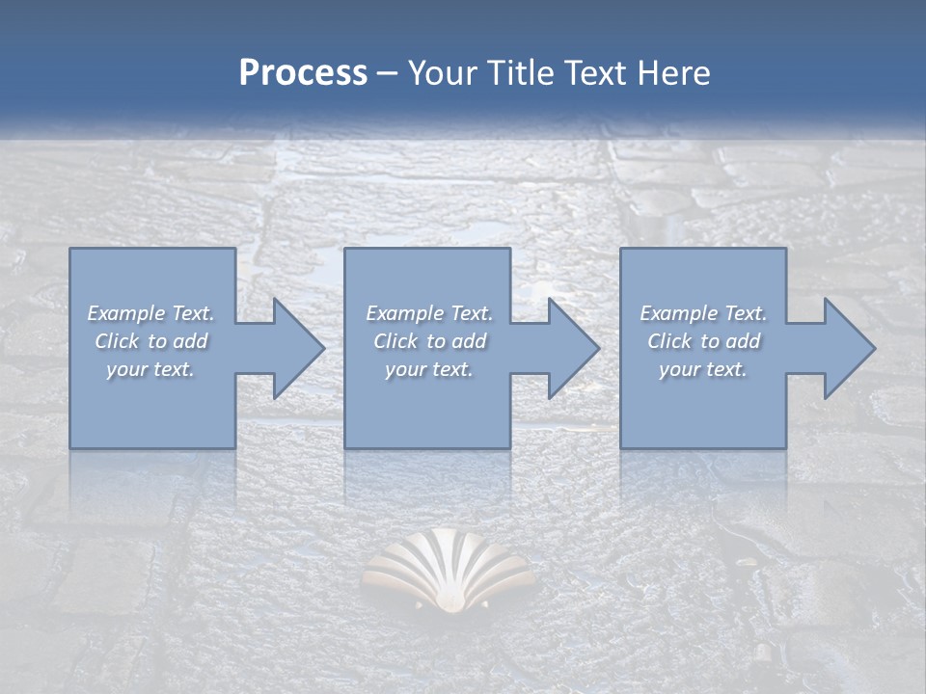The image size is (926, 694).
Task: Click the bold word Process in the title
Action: click(303, 73)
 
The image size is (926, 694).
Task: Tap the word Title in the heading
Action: click(517, 73)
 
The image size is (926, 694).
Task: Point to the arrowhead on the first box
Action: click(288, 349)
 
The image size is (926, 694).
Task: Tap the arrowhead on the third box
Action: click(840, 349)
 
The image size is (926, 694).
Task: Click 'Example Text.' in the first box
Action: click(150, 313)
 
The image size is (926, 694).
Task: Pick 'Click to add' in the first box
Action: click(150, 341)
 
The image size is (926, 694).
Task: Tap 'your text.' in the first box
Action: click(150, 369)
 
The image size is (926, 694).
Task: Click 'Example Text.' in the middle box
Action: click(429, 313)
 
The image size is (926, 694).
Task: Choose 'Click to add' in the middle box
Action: click(429, 341)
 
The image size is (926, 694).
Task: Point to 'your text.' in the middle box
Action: click(429, 369)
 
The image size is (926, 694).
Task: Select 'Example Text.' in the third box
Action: click(703, 313)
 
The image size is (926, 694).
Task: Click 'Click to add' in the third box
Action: click(703, 341)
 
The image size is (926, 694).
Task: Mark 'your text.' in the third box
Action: click(703, 369)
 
